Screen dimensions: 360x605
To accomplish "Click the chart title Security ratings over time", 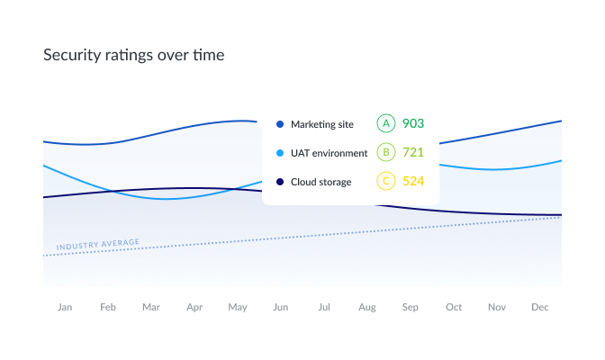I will [134, 55].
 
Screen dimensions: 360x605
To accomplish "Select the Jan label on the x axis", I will [65, 307].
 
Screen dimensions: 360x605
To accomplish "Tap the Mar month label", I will [151, 307].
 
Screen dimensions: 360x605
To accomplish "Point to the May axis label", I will [238, 307].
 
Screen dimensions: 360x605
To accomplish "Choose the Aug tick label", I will [367, 307].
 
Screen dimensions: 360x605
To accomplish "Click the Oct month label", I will [454, 307].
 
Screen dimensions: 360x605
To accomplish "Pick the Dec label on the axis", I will [540, 307].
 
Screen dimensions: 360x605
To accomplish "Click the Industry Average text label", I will [98, 244].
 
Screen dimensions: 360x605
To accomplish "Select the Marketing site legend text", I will [322, 124].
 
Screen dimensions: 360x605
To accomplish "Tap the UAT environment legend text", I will [329, 153].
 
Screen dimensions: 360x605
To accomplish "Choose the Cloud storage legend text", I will [321, 182].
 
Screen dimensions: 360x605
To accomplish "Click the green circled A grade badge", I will [386, 123].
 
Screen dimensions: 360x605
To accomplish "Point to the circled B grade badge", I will [386, 152].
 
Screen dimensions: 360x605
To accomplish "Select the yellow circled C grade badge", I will [386, 181].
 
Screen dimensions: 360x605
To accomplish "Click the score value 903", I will [413, 123].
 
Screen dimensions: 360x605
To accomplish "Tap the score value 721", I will [413, 152].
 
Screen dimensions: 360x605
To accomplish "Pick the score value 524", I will [413, 181].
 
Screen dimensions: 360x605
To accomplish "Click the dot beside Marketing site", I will [280, 124].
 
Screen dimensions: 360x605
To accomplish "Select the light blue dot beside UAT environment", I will [280, 153].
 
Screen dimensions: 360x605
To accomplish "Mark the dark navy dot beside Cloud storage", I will [280, 182].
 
